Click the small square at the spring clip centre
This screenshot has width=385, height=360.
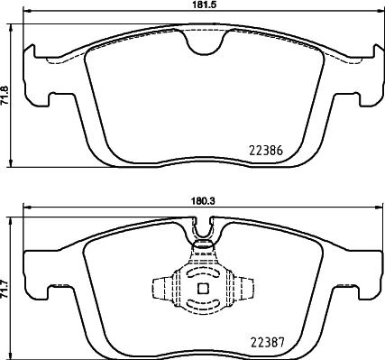click(x=201, y=289)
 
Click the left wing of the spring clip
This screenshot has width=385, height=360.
click(x=162, y=289)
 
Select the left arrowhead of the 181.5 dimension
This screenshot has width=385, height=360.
click(x=24, y=12)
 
